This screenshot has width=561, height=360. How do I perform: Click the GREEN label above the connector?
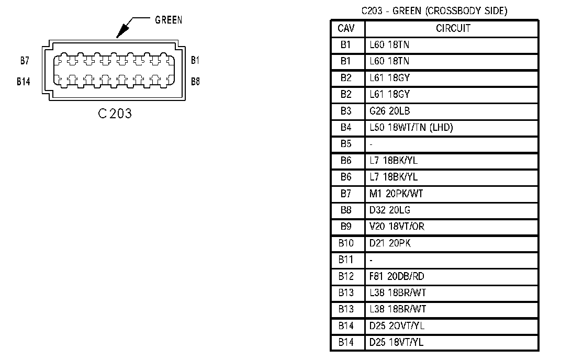[x=169, y=20]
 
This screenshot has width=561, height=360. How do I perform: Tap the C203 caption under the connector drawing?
[x=115, y=113]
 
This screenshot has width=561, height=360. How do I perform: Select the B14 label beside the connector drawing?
[x=23, y=82]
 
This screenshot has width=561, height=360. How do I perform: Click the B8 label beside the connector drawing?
[x=195, y=82]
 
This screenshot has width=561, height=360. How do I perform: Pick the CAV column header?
[x=346, y=28]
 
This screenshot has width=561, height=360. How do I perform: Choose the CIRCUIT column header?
[x=453, y=28]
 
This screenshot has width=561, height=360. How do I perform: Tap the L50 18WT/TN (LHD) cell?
[x=411, y=127]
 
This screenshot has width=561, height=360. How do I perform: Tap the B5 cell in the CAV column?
[x=346, y=144]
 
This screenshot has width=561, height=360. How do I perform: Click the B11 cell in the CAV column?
[x=346, y=260]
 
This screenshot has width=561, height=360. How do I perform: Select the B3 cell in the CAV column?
[x=346, y=111]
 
